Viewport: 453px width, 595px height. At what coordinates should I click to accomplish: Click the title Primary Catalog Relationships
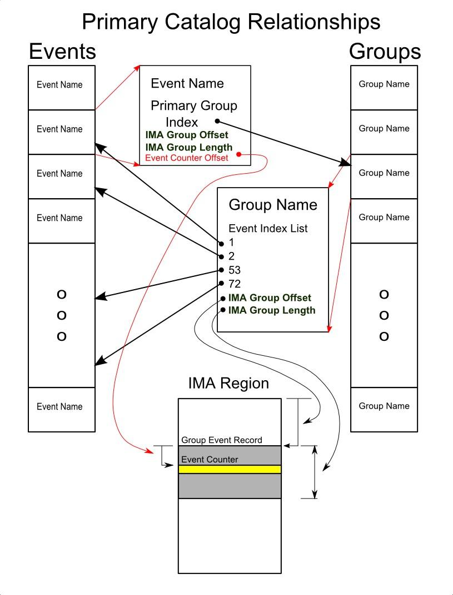click(x=231, y=22)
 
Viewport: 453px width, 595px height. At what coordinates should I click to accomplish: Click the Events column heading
click(x=62, y=52)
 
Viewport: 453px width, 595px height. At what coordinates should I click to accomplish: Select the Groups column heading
click(x=385, y=52)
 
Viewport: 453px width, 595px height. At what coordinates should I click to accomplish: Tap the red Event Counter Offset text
click(x=187, y=158)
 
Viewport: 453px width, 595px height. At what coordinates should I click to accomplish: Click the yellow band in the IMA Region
click(x=230, y=470)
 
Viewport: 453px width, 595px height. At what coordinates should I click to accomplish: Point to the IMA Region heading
click(x=228, y=383)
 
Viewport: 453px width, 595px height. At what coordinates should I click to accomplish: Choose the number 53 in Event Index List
click(x=235, y=270)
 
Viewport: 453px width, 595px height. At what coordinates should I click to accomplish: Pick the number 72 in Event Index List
click(x=235, y=284)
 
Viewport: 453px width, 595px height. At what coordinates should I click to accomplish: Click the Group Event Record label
click(x=221, y=440)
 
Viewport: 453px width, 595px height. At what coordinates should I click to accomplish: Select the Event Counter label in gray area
click(x=210, y=460)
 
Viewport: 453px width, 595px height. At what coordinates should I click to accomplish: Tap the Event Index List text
click(x=268, y=228)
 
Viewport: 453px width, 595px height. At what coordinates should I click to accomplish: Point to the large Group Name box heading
click(x=273, y=205)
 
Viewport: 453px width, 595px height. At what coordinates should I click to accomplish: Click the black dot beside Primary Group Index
click(x=217, y=121)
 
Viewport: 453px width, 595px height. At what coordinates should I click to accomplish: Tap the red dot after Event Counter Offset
click(x=238, y=154)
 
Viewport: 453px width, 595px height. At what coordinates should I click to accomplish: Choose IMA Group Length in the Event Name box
click(x=189, y=147)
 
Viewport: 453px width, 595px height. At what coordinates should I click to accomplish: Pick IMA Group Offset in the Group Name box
click(x=270, y=298)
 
